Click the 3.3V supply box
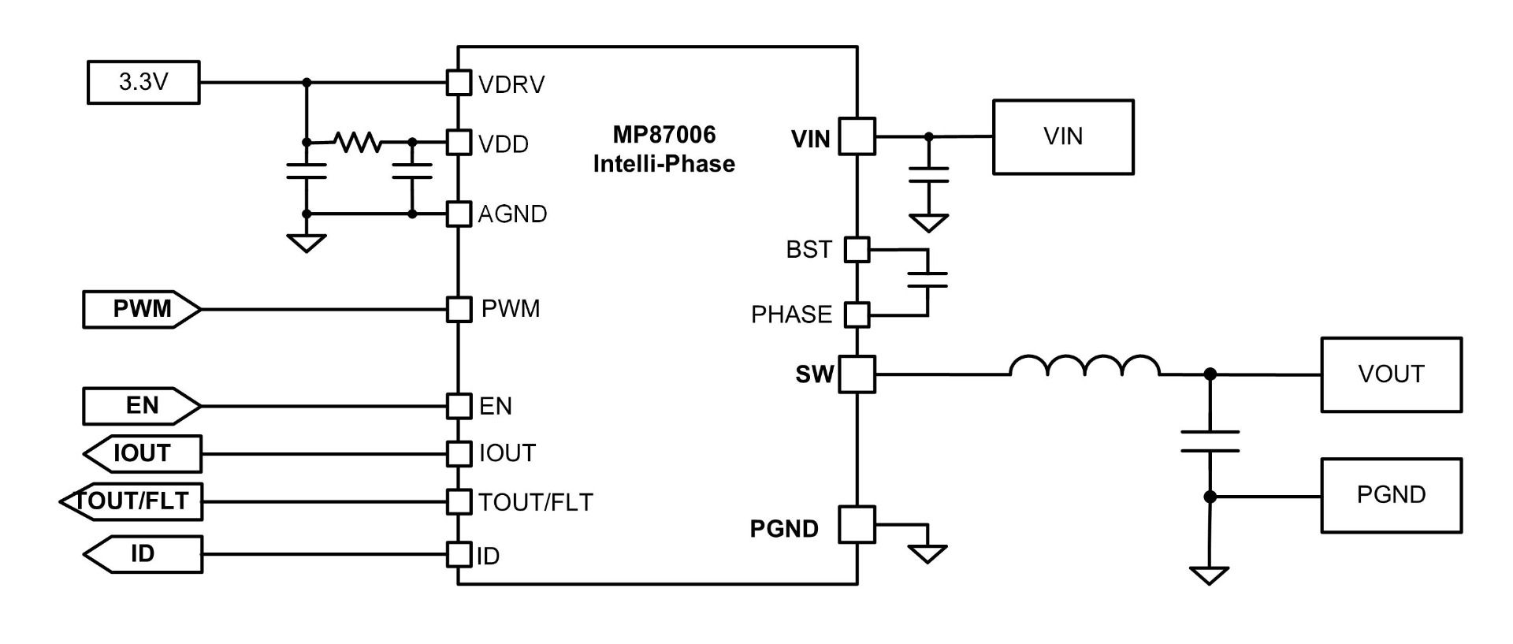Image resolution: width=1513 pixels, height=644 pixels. [143, 82]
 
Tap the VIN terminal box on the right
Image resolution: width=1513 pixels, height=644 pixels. [1063, 136]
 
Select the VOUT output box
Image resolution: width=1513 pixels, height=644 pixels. [1391, 374]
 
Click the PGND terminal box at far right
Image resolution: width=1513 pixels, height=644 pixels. [1391, 495]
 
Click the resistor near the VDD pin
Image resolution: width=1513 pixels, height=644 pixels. [358, 142]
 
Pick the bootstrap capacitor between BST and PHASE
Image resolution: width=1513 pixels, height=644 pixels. [928, 280]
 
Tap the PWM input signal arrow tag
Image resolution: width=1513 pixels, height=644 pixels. [142, 309]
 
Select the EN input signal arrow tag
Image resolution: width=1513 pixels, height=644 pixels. [142, 406]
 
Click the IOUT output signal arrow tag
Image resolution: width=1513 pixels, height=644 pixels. [142, 453]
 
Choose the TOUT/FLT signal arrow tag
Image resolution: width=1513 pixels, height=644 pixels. [131, 501]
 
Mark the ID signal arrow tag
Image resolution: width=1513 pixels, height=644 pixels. [142, 554]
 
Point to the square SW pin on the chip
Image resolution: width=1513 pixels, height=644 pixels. [857, 374]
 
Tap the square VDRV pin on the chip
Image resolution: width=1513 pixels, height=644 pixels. [459, 82]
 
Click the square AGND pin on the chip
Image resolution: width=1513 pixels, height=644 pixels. [459, 214]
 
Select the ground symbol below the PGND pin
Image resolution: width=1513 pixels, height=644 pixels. [928, 554]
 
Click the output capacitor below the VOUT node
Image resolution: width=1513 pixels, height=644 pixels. [1210, 441]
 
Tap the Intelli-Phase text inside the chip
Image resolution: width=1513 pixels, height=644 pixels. [664, 164]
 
